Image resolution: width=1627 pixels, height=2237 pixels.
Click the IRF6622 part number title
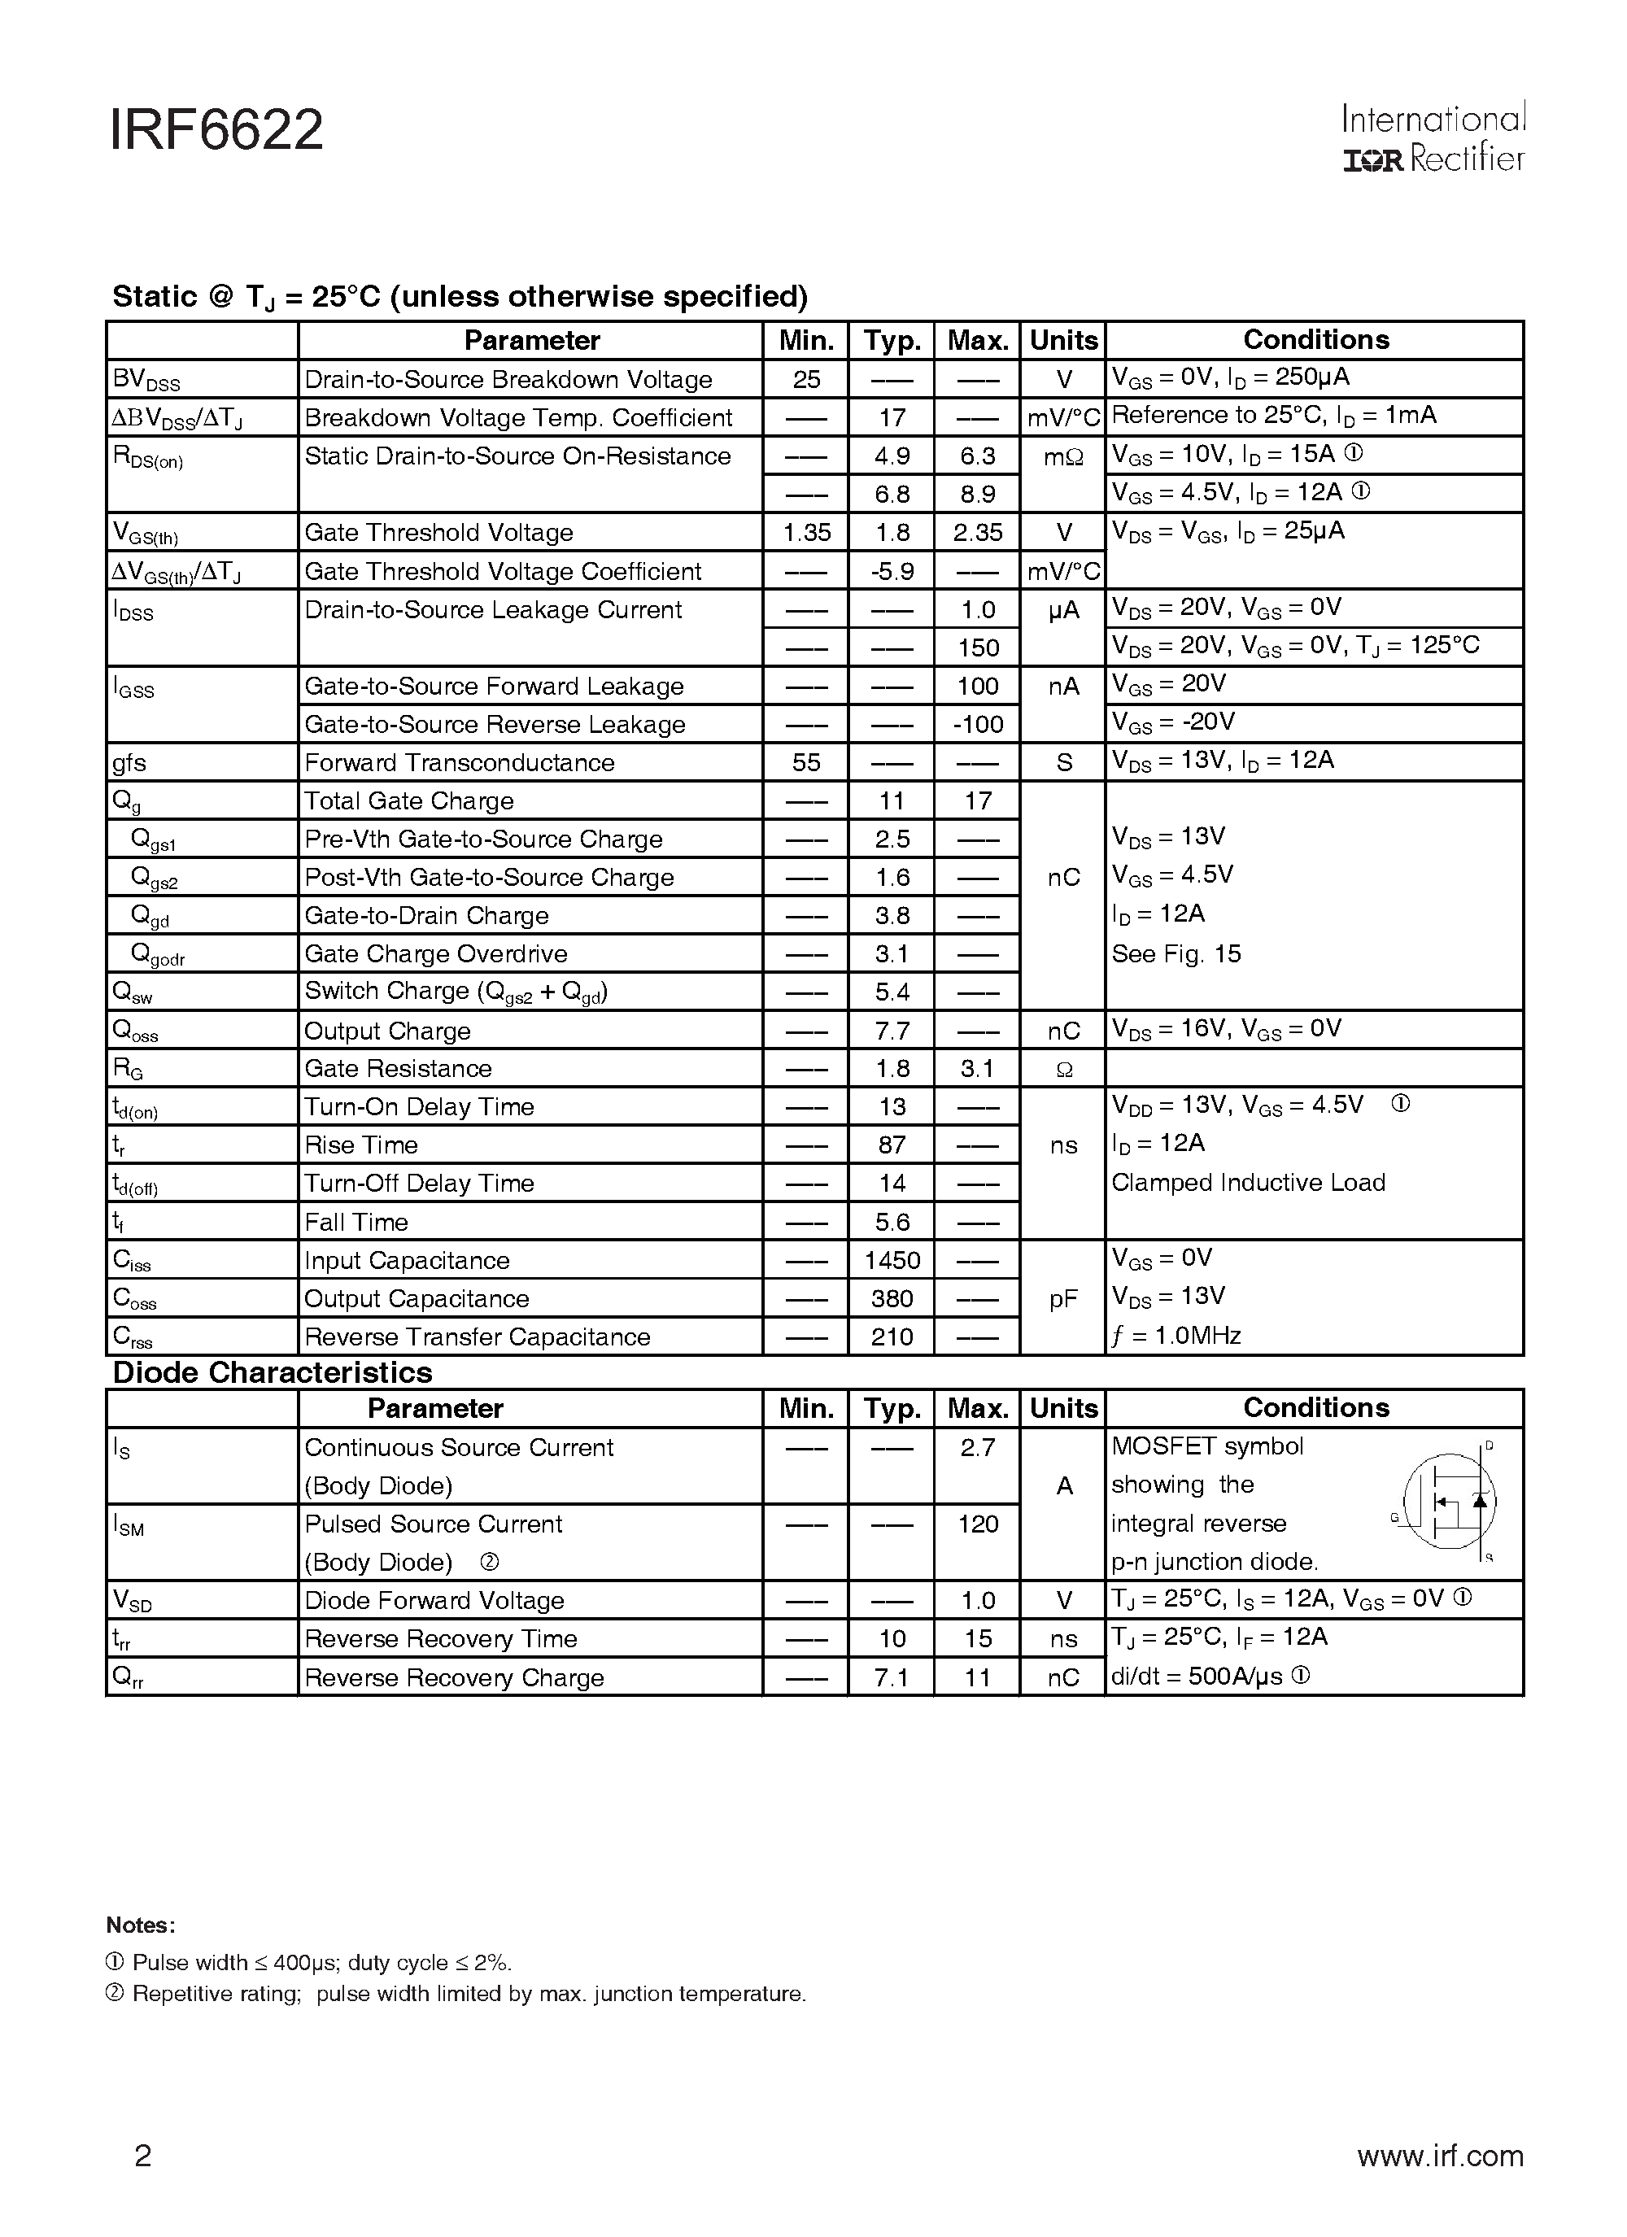pos(216,131)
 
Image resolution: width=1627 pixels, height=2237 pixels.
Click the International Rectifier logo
pos(1433,139)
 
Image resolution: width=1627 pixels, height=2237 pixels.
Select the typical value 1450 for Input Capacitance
pos(891,1261)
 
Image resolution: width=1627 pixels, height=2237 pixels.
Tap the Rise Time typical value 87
pos(891,1145)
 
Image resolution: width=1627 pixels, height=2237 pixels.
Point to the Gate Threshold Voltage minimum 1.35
pos(806,533)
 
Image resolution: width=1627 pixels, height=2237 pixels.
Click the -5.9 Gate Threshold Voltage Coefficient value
pos(891,571)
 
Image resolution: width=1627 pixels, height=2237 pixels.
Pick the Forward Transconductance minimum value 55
pos(806,762)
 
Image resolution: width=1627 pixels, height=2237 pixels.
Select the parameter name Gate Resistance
pos(398,1068)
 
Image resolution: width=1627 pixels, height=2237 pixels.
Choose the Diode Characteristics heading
pos(273,1373)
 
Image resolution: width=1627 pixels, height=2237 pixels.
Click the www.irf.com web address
pos(1440,2156)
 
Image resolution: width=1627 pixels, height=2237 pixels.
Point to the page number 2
pos(143,2156)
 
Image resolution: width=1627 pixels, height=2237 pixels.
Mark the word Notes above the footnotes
pos(140,1925)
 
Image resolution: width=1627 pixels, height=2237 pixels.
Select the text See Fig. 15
pos(1176,954)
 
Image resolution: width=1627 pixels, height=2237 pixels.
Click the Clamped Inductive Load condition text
pos(1248,1183)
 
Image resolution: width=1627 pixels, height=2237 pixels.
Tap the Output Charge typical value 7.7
pos(891,1031)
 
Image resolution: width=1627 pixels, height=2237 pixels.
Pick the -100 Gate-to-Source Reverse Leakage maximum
pos(977,724)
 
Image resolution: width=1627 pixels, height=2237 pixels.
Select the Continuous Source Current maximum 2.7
pos(977,1447)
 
